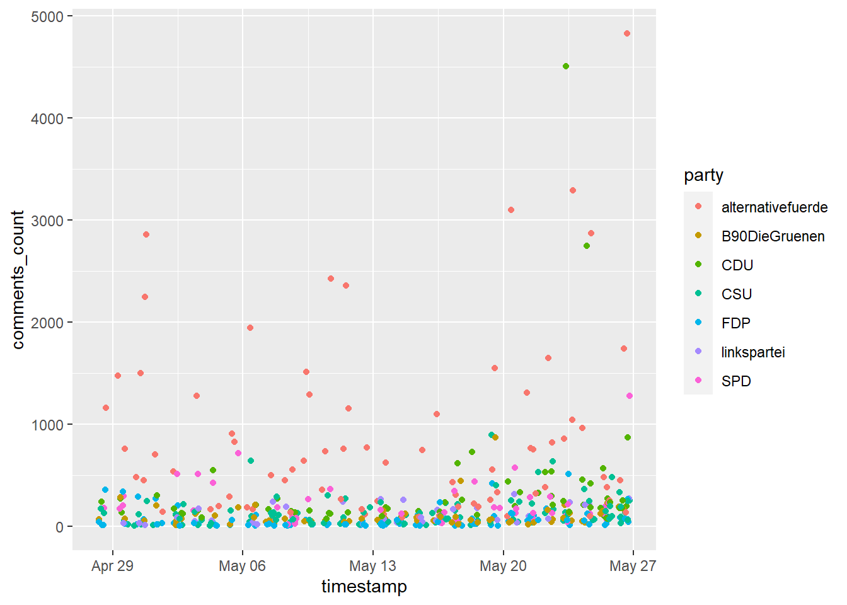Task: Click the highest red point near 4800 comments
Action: click(x=626, y=34)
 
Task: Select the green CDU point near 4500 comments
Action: click(x=566, y=66)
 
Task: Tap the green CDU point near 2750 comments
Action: click(x=587, y=246)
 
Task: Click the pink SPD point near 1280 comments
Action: click(x=629, y=396)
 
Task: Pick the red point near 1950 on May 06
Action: click(x=250, y=328)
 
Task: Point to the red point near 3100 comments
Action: click(x=511, y=210)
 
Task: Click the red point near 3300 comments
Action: click(x=573, y=190)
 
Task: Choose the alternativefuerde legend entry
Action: click(x=774, y=207)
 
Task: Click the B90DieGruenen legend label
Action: click(x=773, y=236)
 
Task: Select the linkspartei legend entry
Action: click(x=753, y=352)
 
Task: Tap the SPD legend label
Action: click(x=736, y=381)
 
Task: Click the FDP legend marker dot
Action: click(x=698, y=323)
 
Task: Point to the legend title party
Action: click(x=703, y=175)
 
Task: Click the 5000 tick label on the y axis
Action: click(x=47, y=16)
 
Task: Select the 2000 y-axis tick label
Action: click(x=47, y=323)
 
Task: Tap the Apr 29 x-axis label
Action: click(x=112, y=566)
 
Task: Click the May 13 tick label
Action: click(x=372, y=566)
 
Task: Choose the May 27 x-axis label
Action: click(x=633, y=566)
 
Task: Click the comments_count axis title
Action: click(x=18, y=280)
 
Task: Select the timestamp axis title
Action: click(x=364, y=587)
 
